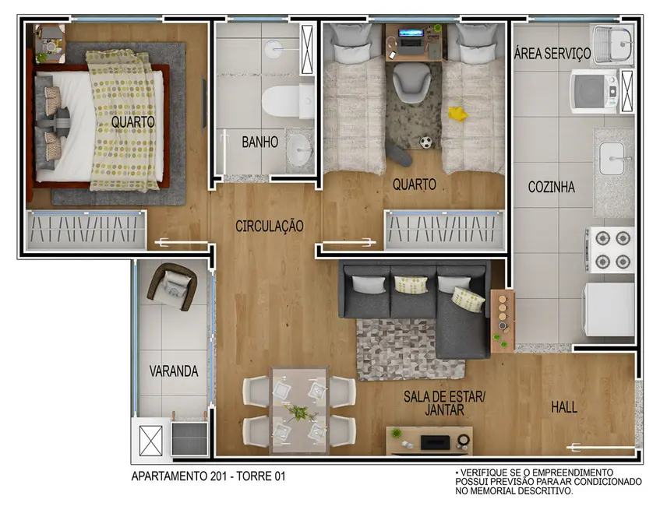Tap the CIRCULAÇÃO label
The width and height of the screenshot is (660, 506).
pos(269,226)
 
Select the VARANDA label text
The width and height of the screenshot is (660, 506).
pos(173,371)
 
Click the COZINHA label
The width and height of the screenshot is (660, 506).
pos(551,187)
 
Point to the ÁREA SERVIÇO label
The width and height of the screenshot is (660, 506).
pos(552,54)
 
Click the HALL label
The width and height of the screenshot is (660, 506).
pos(564,407)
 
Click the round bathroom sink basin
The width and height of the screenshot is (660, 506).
pos(298,150)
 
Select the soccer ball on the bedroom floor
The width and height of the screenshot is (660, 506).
pos(426,142)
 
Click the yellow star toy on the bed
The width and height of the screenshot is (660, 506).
pos(457,114)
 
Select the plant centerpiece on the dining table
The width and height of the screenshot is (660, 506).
pos(298,410)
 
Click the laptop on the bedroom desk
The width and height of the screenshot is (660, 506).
pos(412,36)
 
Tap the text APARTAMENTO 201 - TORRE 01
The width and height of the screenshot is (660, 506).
pos(207,476)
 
